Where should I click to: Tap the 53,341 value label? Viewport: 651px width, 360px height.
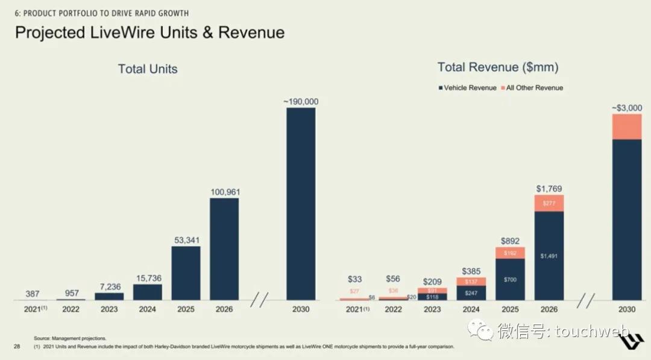click(x=186, y=241)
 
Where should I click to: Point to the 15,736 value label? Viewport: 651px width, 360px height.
click(x=148, y=278)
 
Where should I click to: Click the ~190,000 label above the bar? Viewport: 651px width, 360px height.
click(x=301, y=102)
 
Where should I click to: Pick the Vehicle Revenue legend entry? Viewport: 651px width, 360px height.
click(x=467, y=88)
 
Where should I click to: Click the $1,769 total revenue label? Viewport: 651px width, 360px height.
click(x=549, y=189)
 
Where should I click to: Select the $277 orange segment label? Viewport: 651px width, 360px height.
click(x=549, y=203)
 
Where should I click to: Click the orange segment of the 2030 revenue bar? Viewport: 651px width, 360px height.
click(x=627, y=127)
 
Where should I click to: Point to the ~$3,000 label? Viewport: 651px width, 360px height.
click(x=627, y=108)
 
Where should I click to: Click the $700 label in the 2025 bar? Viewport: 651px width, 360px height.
click(x=510, y=280)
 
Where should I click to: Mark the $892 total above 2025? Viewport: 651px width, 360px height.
click(x=510, y=241)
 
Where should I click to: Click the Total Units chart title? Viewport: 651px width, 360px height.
click(x=148, y=69)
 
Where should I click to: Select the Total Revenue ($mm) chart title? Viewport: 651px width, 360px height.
click(x=498, y=67)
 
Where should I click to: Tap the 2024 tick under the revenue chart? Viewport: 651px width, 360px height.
click(x=471, y=309)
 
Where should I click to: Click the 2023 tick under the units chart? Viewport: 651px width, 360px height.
click(x=109, y=309)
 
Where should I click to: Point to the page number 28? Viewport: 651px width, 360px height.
click(x=17, y=346)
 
